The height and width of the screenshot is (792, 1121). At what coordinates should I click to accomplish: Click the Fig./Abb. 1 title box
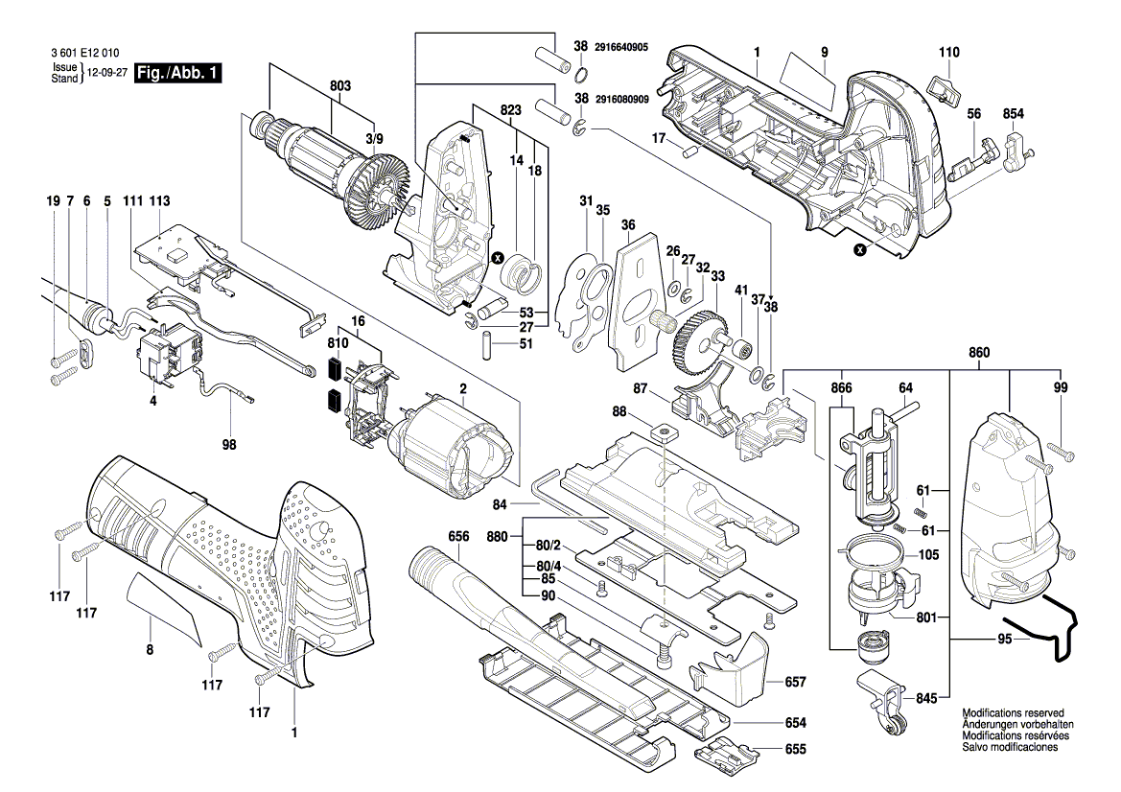click(179, 74)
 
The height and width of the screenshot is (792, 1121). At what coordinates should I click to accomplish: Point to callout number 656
click(458, 537)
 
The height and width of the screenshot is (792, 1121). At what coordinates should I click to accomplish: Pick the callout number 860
click(979, 354)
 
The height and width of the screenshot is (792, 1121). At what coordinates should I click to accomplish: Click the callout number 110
click(948, 51)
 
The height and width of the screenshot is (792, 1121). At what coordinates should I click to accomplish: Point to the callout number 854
click(1014, 114)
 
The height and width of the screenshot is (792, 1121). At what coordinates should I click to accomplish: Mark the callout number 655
click(795, 750)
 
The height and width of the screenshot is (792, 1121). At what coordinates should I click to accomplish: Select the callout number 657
click(795, 682)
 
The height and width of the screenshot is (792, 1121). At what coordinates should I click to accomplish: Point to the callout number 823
click(510, 110)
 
